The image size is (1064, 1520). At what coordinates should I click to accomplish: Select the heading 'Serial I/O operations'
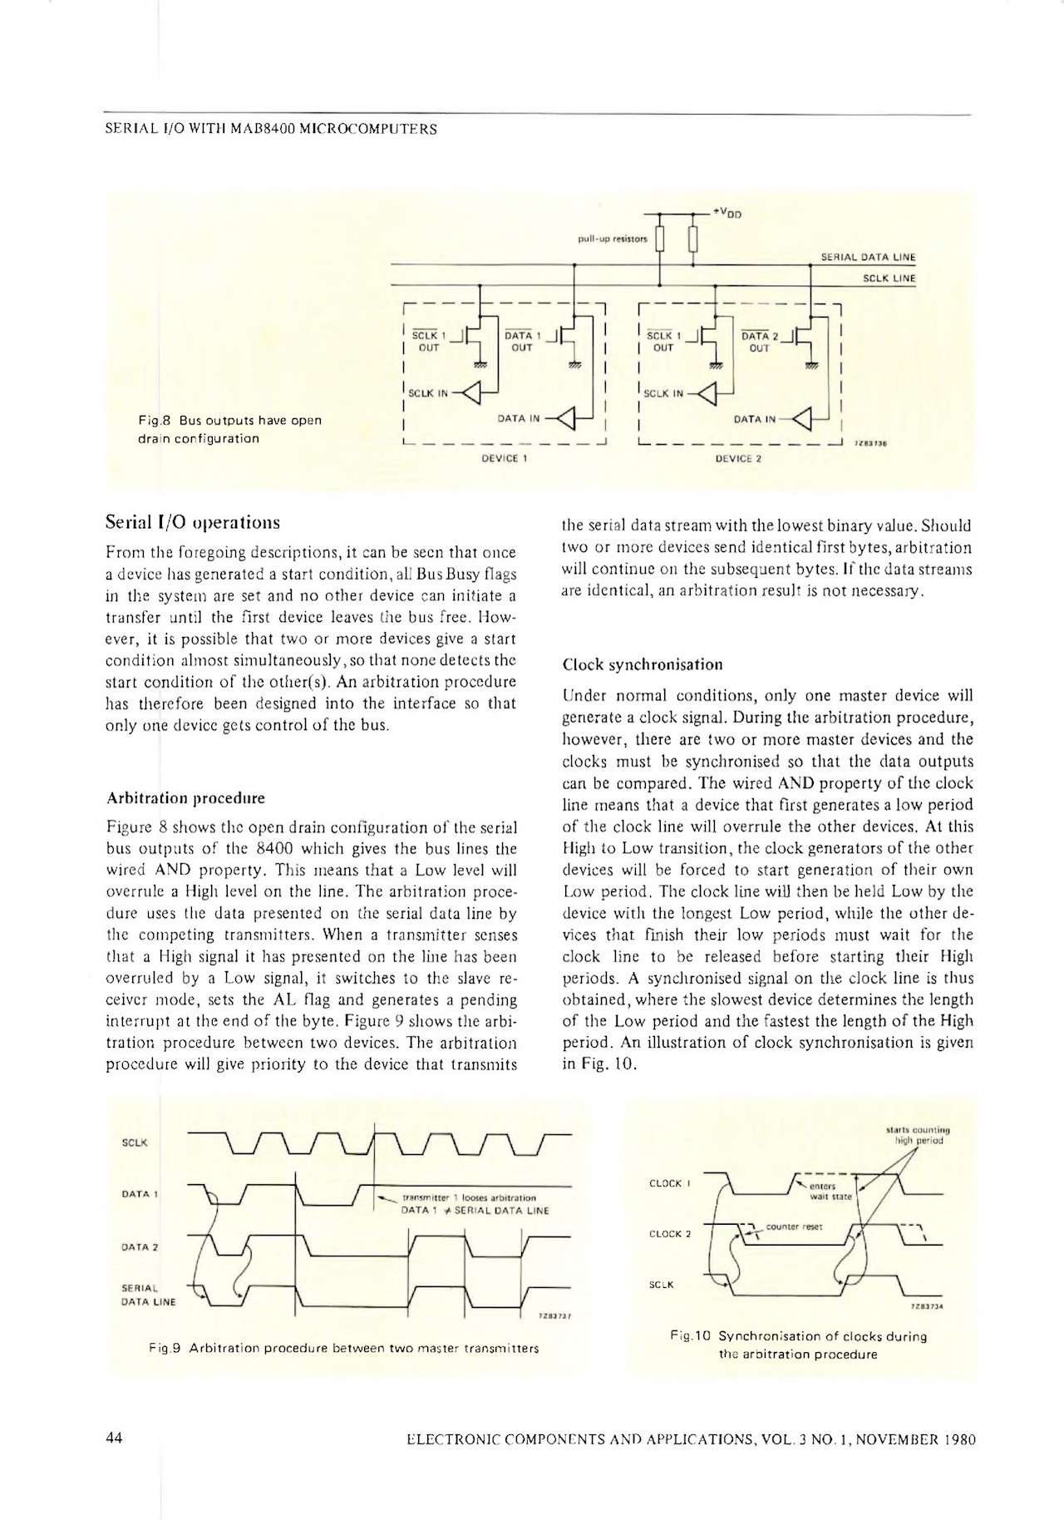coord(193,523)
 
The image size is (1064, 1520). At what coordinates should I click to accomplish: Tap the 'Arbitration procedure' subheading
coord(186,798)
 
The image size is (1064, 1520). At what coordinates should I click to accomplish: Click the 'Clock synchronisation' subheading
coord(643,664)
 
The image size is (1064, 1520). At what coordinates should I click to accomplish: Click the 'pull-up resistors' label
coord(612,239)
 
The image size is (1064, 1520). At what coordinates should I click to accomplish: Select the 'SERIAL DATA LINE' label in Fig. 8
coord(867,258)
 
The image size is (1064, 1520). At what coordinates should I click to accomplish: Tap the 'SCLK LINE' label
coord(889,279)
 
